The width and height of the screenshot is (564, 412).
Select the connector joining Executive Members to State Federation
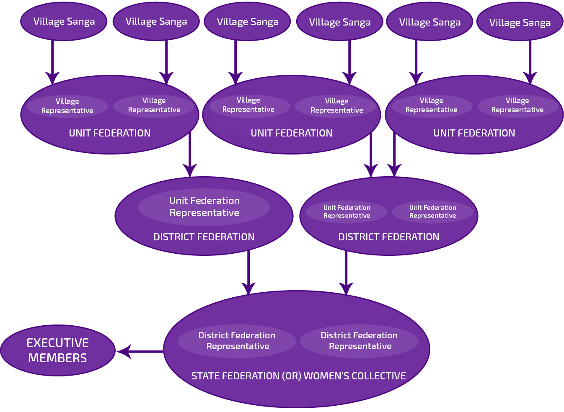coord(140,351)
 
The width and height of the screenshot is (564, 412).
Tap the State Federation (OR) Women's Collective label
coord(298,376)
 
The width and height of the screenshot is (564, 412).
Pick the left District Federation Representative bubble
coord(237,341)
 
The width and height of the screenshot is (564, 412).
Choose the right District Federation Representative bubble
coord(359,341)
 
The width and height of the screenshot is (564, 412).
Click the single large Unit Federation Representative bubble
coord(204,207)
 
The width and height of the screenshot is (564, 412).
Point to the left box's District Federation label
coord(204,237)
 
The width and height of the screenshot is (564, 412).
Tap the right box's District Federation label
coord(388,237)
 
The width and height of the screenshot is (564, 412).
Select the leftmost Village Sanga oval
coord(64,21)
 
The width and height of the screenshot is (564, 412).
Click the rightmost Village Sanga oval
coord(520,23)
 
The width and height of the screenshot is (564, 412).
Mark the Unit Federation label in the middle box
coord(291,133)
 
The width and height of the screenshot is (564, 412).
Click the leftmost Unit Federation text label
coord(109,133)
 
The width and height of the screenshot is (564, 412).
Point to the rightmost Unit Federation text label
coord(474,133)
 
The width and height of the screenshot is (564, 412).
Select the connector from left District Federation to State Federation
coord(248,272)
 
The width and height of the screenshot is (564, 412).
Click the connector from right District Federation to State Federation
coord(346,272)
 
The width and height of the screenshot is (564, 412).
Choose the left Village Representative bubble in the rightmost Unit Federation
coord(431,105)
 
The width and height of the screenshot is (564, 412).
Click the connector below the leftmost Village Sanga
coord(52,59)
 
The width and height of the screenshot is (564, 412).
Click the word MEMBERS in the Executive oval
coord(57,358)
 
